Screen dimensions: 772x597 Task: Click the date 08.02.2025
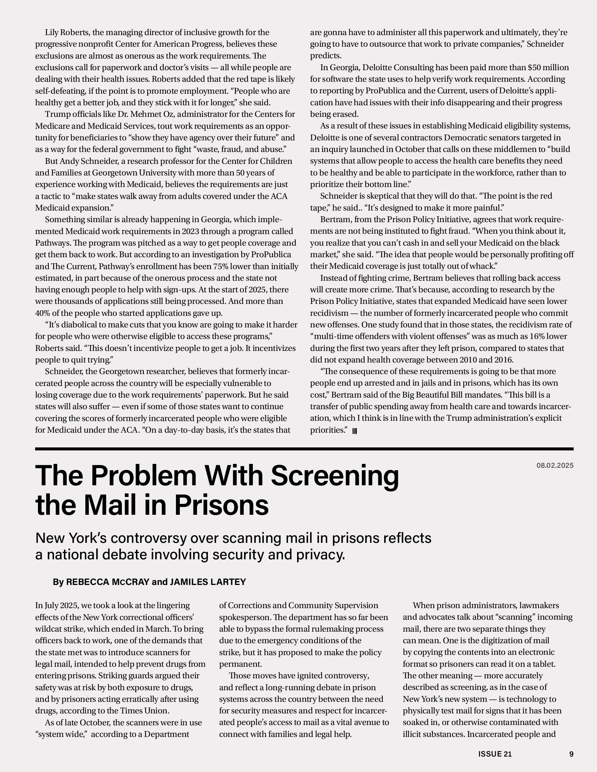[x=555, y=466]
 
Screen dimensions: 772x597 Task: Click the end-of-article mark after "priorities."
[x=355, y=431]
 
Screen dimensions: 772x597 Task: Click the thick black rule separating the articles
[x=304, y=449]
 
